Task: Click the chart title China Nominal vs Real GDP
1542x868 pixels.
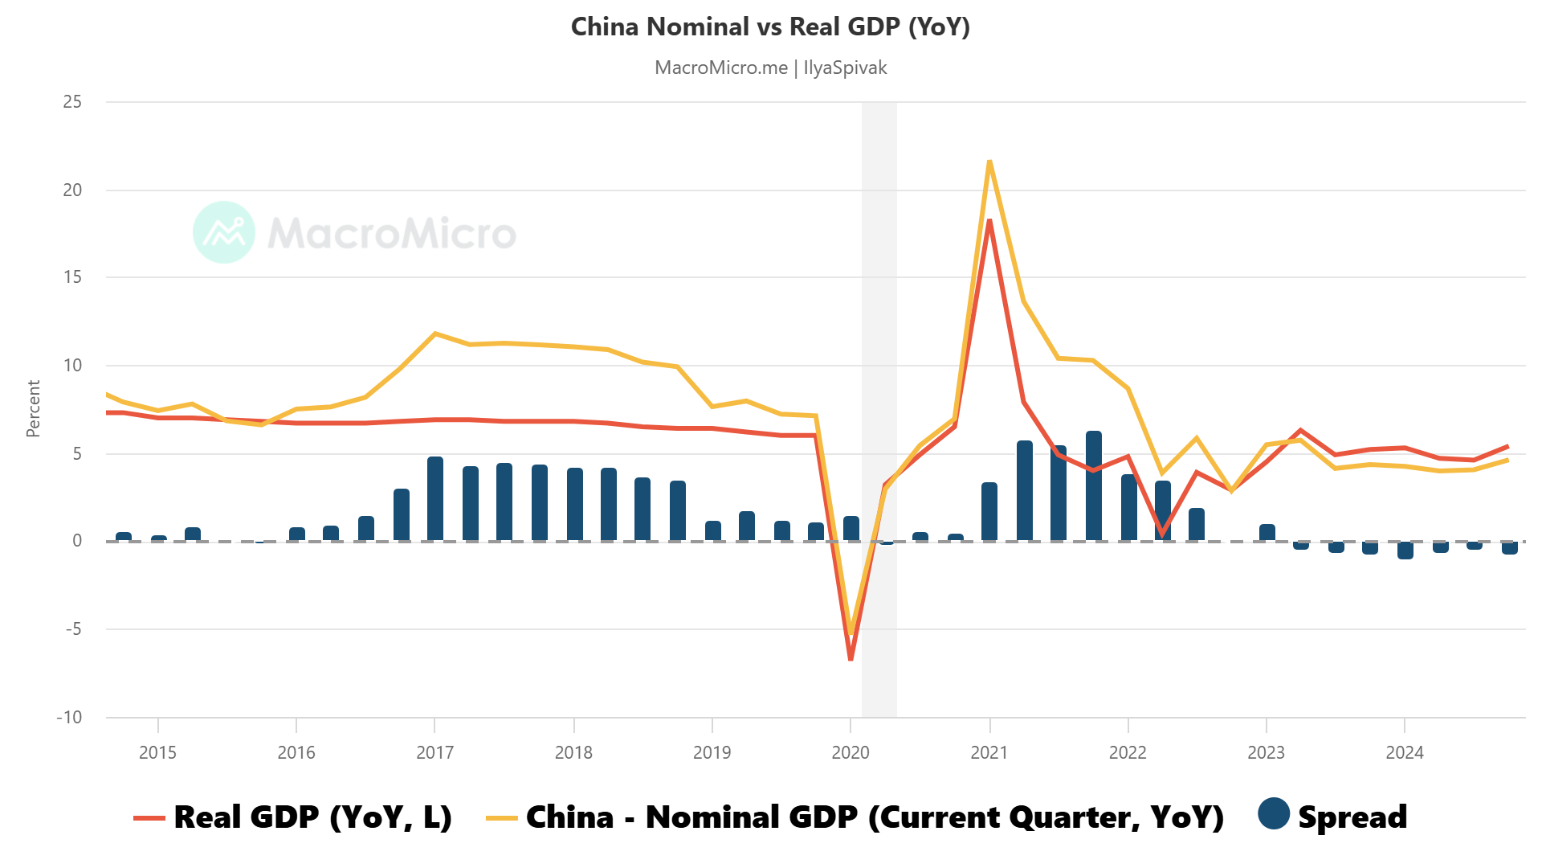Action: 770,27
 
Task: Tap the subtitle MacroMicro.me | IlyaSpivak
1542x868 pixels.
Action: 770,68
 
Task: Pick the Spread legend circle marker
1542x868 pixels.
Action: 1274,814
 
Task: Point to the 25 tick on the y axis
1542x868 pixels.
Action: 72,102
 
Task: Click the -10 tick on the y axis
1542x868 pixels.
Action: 69,717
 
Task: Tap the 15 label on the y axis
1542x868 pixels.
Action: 72,277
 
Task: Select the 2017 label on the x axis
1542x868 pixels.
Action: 434,753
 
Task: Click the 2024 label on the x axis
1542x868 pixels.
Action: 1405,753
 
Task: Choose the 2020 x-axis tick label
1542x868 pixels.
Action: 851,753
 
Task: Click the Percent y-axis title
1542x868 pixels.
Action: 33,409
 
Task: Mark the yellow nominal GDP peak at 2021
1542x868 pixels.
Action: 989,162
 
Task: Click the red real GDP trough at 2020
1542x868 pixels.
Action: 851,659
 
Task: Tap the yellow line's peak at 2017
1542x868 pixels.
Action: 434,334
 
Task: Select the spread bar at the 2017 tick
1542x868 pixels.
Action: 434,498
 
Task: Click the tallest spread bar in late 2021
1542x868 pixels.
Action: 1094,486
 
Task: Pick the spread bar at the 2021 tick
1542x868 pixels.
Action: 989,512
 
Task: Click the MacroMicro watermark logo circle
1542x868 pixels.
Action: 224,232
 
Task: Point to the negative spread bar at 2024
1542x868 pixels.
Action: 1405,551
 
